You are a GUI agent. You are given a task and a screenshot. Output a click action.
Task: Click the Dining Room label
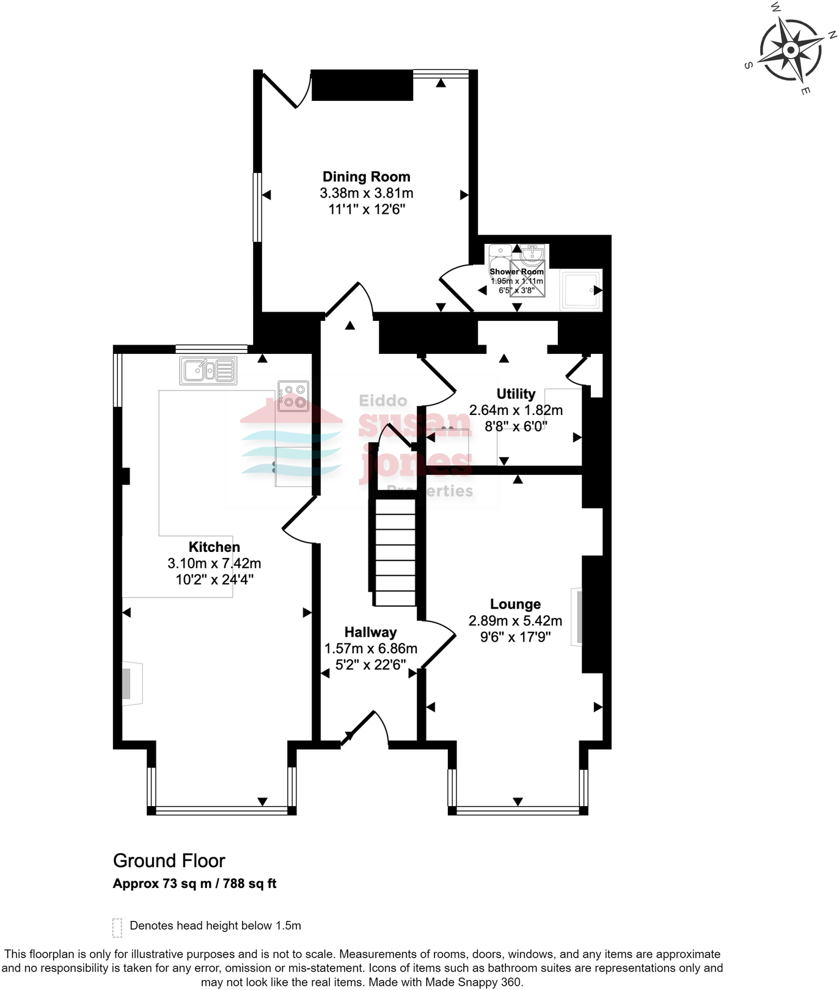click(366, 177)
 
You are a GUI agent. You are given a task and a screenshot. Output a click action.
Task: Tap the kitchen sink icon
click(208, 370)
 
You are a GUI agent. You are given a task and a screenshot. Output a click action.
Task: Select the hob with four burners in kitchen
click(293, 396)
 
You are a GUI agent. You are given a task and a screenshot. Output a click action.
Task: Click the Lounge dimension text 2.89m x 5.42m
click(515, 621)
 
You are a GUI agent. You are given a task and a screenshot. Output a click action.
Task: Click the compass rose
click(791, 50)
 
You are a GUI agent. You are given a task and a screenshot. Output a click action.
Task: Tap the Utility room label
click(516, 394)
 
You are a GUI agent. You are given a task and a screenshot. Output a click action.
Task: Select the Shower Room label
click(516, 271)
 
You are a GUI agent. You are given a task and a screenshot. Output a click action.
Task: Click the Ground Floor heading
click(169, 861)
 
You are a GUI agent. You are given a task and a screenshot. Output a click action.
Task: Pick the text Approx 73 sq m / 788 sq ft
click(194, 884)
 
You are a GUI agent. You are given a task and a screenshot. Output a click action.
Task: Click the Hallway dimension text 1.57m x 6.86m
click(371, 649)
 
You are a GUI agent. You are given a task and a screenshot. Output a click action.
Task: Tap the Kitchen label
click(214, 547)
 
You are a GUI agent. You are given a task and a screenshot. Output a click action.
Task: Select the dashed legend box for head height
click(117, 927)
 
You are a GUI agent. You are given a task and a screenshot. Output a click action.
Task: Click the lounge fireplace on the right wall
click(576, 617)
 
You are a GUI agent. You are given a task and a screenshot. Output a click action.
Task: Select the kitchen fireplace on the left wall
click(131, 683)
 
